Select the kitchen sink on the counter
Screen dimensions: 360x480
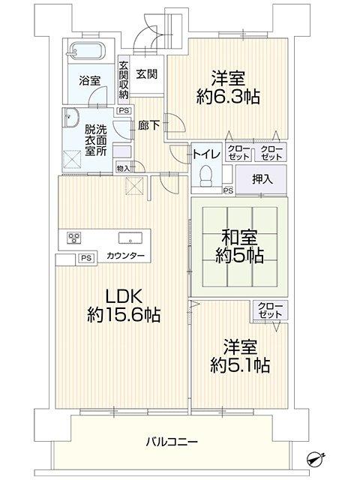pos(130,238)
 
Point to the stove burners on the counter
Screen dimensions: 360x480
pos(74,238)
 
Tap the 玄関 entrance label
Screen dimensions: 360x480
pos(147,74)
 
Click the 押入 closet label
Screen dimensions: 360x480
pos(262,180)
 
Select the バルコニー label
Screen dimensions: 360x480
pos(172,442)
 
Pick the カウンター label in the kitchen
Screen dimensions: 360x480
pos(125,256)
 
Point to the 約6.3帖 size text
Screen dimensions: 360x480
pos(228,97)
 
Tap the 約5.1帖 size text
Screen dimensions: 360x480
pos(240,365)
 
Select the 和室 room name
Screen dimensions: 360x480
pos(240,237)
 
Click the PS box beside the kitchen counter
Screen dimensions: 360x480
pos(86,258)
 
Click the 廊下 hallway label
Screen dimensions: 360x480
pos(148,125)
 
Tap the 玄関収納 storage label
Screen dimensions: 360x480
pos(123,80)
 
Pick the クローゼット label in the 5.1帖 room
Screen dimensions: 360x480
pos(269,310)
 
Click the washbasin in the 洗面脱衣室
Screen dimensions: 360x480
pos(70,118)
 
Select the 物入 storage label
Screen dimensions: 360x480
pos(123,168)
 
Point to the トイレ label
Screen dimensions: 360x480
pos(206,154)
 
